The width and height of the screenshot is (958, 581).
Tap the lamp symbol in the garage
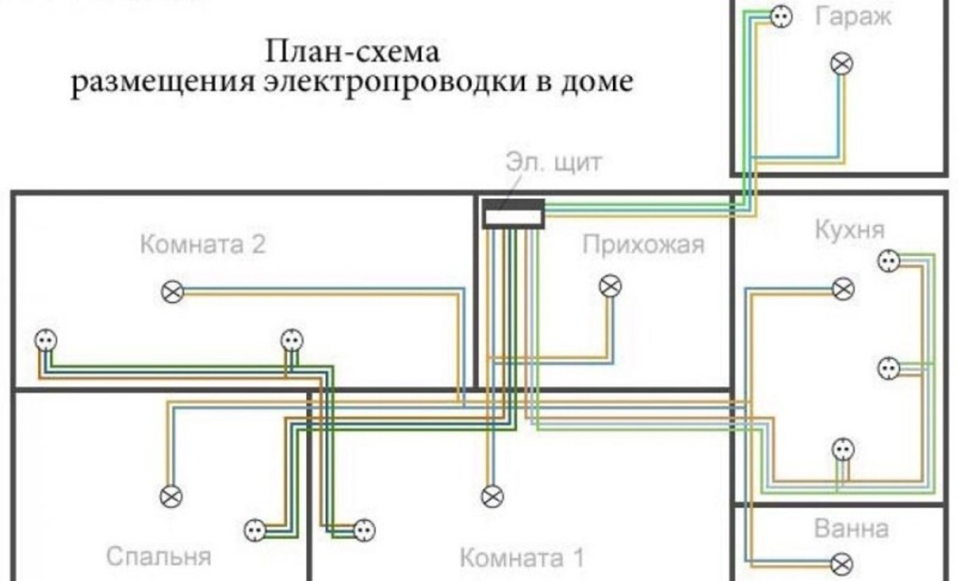(x=842, y=64)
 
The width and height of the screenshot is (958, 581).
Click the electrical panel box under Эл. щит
(x=513, y=216)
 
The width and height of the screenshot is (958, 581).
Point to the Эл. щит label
(x=554, y=162)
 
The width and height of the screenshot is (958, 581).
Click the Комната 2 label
(x=202, y=245)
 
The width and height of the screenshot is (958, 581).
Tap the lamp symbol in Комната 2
(x=172, y=292)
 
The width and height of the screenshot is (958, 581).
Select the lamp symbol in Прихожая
(x=610, y=286)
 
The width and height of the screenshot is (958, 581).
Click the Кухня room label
(x=849, y=230)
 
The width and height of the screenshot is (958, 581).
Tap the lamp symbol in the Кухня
(x=843, y=289)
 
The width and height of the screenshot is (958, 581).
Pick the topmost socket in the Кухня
(x=887, y=260)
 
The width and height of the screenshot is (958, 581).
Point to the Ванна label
(x=851, y=528)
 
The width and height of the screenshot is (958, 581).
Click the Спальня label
(x=158, y=557)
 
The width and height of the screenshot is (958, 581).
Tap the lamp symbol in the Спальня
(x=171, y=496)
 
